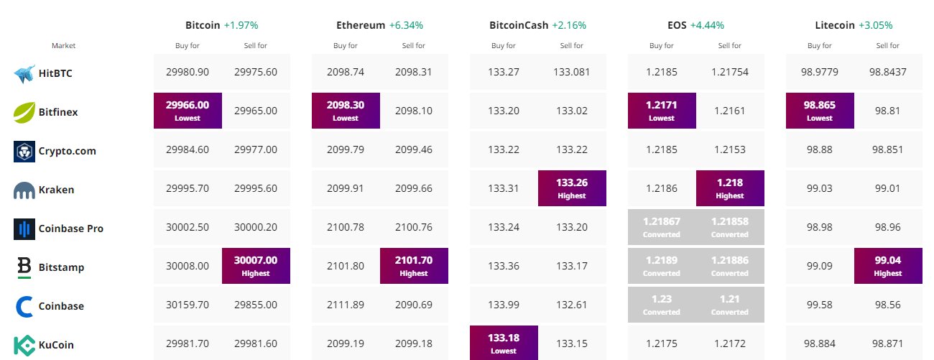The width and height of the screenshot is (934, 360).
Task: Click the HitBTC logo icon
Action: (24, 74)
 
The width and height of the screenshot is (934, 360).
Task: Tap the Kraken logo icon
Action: (24, 190)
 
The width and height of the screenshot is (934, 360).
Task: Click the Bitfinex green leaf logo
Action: (24, 112)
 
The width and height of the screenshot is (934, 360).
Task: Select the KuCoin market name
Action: (56, 345)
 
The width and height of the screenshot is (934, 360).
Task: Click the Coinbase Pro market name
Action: (71, 229)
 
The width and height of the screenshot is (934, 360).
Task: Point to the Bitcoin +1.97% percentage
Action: (241, 25)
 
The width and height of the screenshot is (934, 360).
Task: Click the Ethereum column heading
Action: (361, 25)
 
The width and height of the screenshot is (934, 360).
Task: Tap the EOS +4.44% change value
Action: (707, 25)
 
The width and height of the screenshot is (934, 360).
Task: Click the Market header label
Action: (63, 45)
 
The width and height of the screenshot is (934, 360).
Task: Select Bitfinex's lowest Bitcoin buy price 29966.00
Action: (188, 111)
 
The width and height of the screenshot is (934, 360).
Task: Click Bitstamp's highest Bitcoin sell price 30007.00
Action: (256, 266)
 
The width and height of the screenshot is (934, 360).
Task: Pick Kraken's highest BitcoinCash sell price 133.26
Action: (572, 188)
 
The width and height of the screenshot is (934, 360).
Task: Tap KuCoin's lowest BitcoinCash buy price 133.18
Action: (504, 343)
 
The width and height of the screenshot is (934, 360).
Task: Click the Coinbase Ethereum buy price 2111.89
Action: (346, 305)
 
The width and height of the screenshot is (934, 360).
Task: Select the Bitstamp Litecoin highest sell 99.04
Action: (888, 266)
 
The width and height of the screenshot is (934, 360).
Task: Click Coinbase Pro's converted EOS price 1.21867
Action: (662, 227)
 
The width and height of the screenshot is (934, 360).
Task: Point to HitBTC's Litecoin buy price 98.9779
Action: (820, 72)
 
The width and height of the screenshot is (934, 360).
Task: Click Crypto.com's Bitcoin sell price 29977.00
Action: (256, 149)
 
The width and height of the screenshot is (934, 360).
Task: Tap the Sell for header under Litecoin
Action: (888, 45)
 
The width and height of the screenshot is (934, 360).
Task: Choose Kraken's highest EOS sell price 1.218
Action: (730, 188)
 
